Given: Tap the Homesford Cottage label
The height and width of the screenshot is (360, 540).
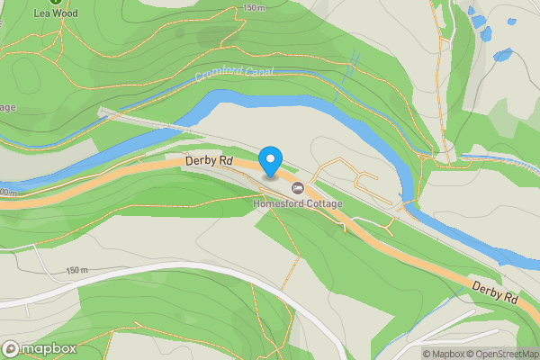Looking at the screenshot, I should pos(298,204).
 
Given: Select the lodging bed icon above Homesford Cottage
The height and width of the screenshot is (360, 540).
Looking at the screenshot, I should pos(298,188).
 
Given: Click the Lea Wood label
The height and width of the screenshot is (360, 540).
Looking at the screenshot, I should pos(56,13).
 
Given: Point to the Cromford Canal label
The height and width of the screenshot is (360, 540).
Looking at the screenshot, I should pos(235,72).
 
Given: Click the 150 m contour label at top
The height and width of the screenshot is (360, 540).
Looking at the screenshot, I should pos(255,7).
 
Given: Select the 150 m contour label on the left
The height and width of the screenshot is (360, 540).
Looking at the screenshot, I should pos(77,270).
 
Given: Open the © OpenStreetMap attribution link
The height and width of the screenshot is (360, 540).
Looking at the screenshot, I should pos(503,354).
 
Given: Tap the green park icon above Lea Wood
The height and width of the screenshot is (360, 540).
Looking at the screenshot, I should pos(56,2).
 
